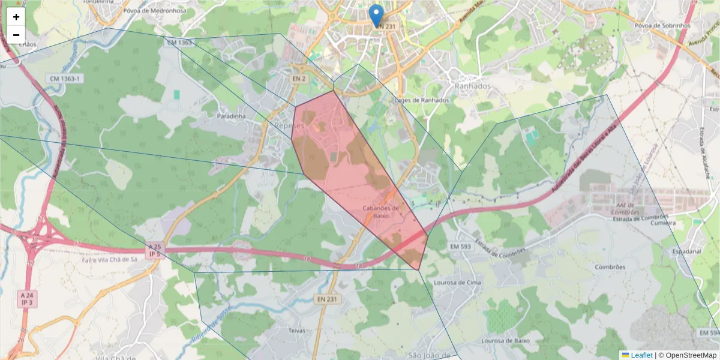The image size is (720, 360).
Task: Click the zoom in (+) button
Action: pos(16,17)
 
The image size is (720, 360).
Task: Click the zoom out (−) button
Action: pos(16,34)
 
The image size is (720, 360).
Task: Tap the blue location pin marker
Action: pos(376,16)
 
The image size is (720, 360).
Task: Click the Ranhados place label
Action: pos(472,86)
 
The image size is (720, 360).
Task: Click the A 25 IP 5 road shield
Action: pos(155,250)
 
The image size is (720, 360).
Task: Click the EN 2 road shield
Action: pos(299,79)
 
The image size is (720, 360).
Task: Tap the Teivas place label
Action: pos(296,331)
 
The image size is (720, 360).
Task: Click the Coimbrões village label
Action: pos(610,267)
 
